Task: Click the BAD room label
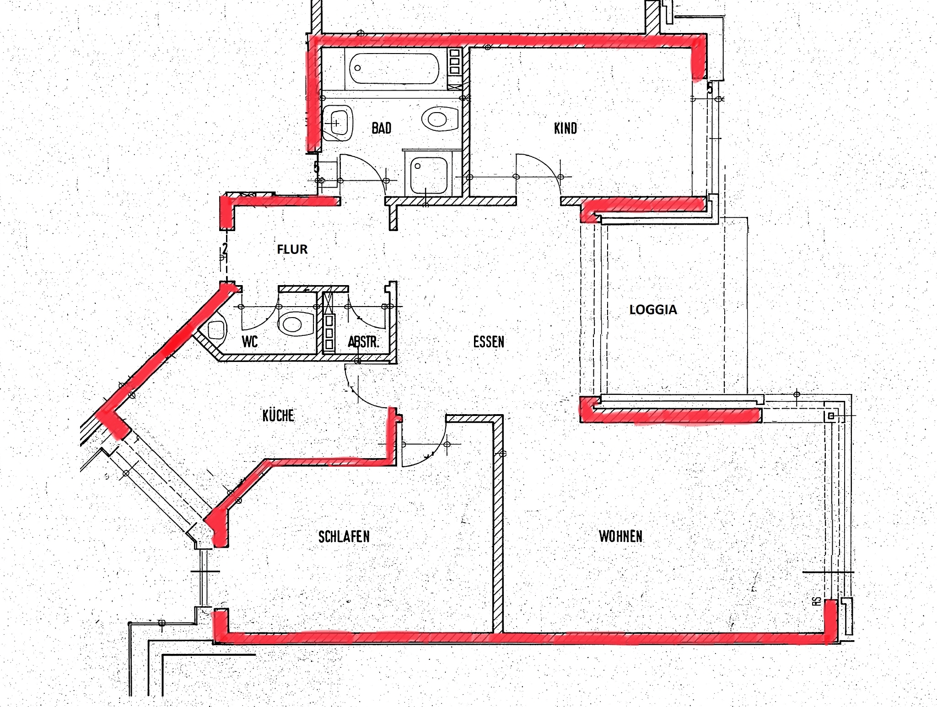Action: pyautogui.click(x=382, y=128)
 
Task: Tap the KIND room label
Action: pyautogui.click(x=565, y=129)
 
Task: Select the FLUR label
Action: pyautogui.click(x=292, y=249)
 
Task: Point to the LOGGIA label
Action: pyautogui.click(x=653, y=310)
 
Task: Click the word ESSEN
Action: pyautogui.click(x=489, y=342)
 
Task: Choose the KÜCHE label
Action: pyautogui.click(x=278, y=415)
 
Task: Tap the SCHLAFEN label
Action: pyautogui.click(x=344, y=536)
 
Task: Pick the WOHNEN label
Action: pyautogui.click(x=621, y=536)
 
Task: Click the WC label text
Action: pyautogui.click(x=250, y=341)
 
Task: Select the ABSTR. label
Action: pyautogui.click(x=363, y=342)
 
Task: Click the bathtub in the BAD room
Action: pyautogui.click(x=393, y=69)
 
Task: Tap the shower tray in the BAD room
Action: pyautogui.click(x=428, y=176)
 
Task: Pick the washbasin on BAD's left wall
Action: pyautogui.click(x=337, y=123)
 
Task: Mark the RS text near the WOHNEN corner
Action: pyautogui.click(x=817, y=602)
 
